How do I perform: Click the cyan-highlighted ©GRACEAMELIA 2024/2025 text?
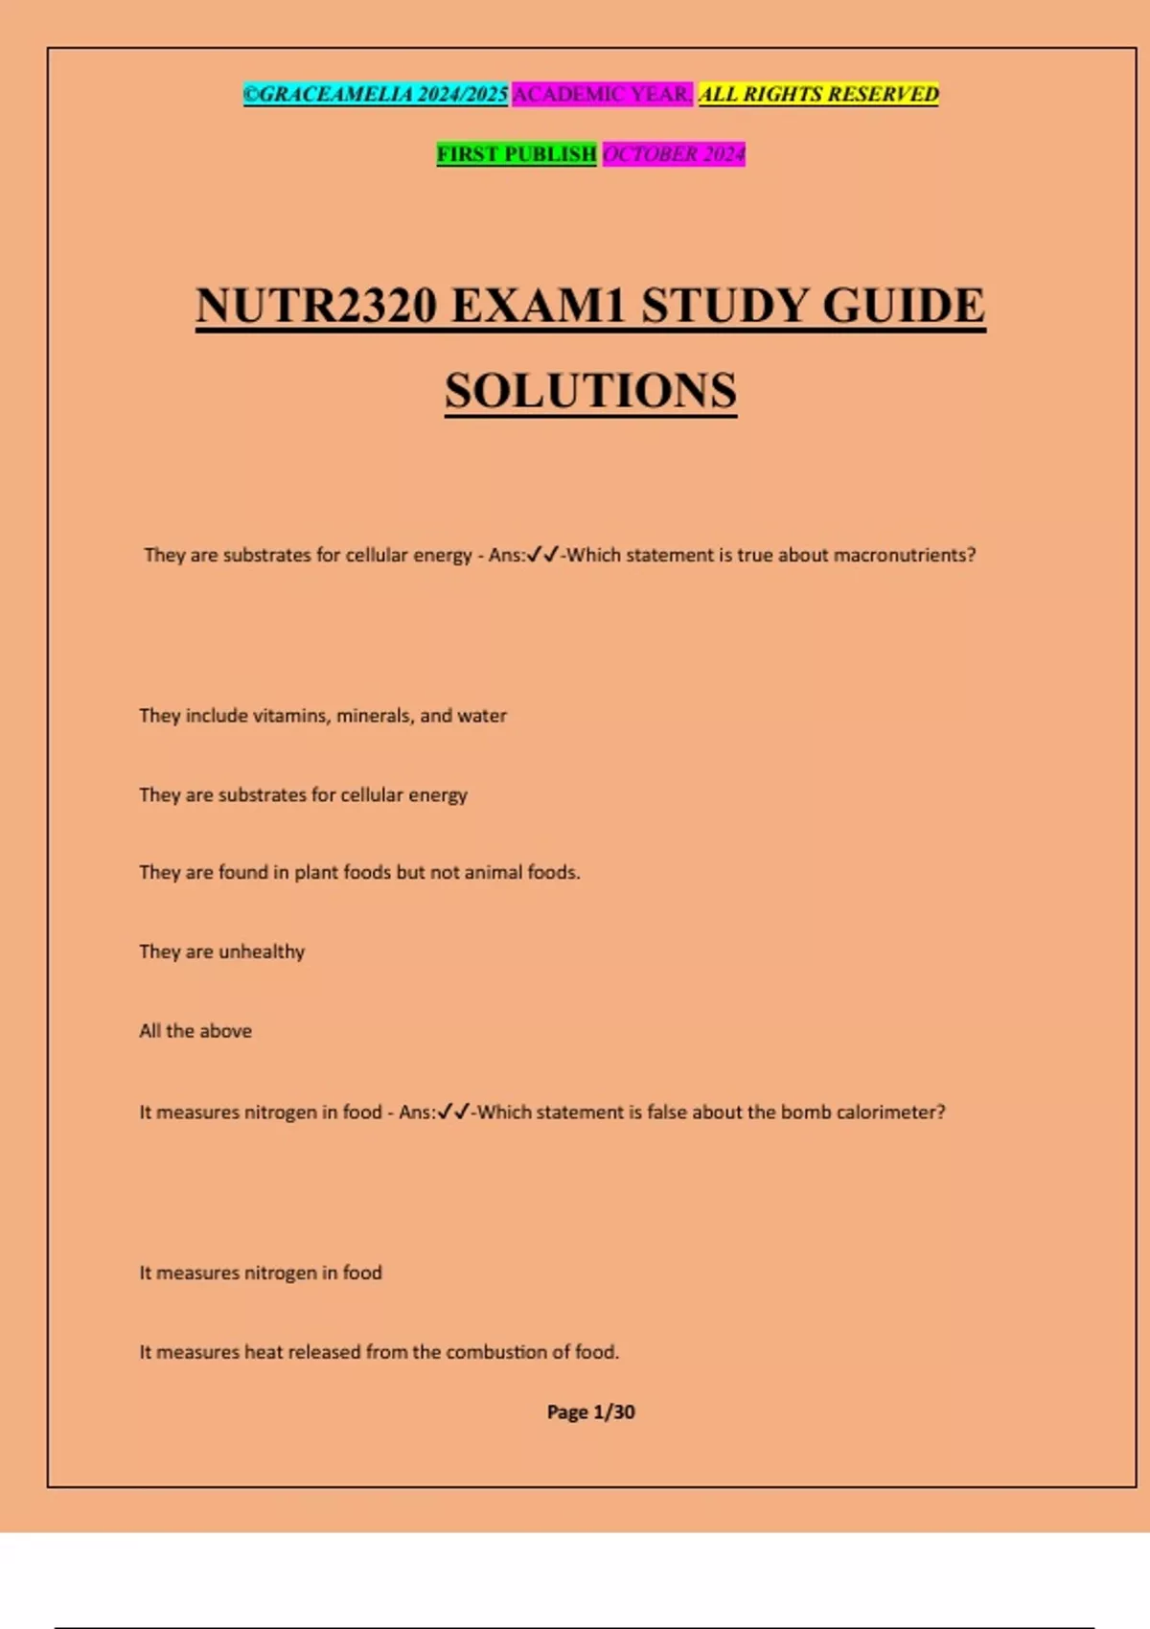click(x=376, y=94)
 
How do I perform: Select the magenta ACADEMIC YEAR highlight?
click(x=602, y=94)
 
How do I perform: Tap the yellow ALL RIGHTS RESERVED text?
click(x=818, y=94)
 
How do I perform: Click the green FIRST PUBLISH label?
click(x=517, y=153)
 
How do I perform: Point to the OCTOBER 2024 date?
click(x=674, y=153)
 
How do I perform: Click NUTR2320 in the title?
click(x=316, y=306)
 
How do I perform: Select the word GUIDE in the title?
click(x=904, y=306)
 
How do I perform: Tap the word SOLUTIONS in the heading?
click(x=590, y=390)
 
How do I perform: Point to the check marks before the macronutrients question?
click(x=543, y=554)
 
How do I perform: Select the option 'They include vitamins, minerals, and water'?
click(x=323, y=716)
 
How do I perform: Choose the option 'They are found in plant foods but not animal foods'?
click(x=359, y=872)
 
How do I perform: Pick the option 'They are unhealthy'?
click(x=222, y=952)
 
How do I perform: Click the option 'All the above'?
click(x=195, y=1031)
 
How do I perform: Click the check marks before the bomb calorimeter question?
click(x=453, y=1112)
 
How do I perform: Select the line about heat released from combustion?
click(x=379, y=1352)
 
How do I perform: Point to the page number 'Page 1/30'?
click(x=590, y=1411)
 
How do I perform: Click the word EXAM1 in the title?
click(x=539, y=306)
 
